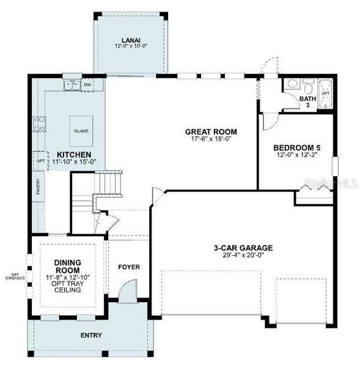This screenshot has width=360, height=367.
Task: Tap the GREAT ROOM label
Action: click(211, 132)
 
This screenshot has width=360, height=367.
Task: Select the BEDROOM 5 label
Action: click(296, 147)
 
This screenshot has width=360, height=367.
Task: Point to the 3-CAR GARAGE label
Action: click(243, 248)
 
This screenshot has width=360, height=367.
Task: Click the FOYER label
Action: click(130, 267)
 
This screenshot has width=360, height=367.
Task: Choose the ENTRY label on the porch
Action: click(91, 335)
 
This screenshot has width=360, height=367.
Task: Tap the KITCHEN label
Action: click(75, 154)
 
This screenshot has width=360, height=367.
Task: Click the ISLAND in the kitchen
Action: click(81, 131)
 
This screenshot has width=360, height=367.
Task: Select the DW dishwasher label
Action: click(87, 84)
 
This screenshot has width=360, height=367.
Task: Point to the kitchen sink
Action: click(72, 84)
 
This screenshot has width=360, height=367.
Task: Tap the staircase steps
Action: click(110, 182)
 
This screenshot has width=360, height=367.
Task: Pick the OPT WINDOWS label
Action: click(13, 275)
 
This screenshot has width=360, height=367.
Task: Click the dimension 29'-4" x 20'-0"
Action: click(243, 256)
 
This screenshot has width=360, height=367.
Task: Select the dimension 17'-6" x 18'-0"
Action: click(211, 139)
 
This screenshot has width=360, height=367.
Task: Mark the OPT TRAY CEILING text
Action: click(68, 286)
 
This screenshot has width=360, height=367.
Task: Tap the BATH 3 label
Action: click(307, 102)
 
